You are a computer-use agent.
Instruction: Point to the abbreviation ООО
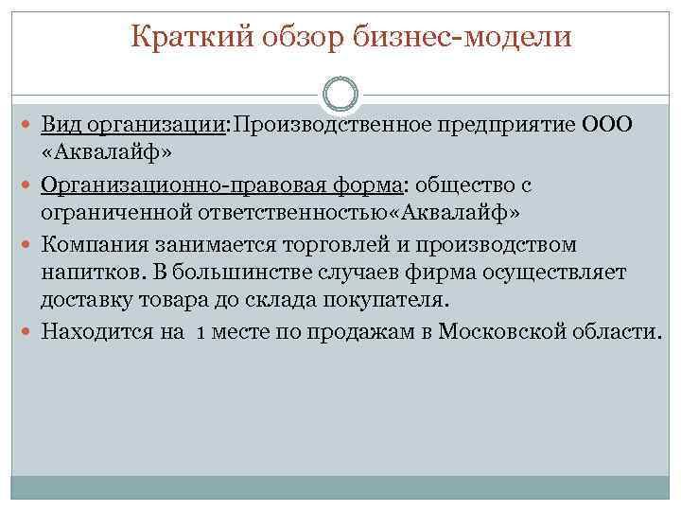point(612,126)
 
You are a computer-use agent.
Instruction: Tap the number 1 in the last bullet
point(202,332)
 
